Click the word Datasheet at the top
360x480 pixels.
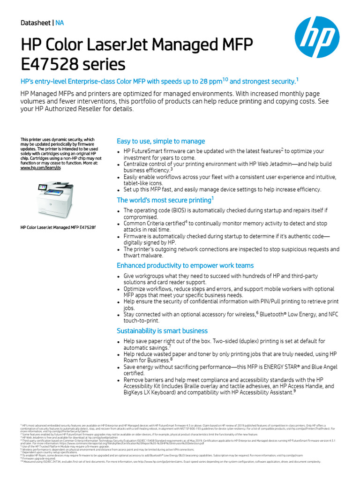[x=36, y=22]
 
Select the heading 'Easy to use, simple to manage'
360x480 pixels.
[x=160, y=141]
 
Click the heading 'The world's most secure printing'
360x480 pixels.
[x=165, y=200]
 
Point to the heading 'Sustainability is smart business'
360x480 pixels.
[x=162, y=331]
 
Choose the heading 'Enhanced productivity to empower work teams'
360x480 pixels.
[x=185, y=265]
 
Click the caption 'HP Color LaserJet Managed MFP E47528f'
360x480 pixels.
[x=58, y=227]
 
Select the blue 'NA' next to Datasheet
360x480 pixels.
[x=60, y=22]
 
